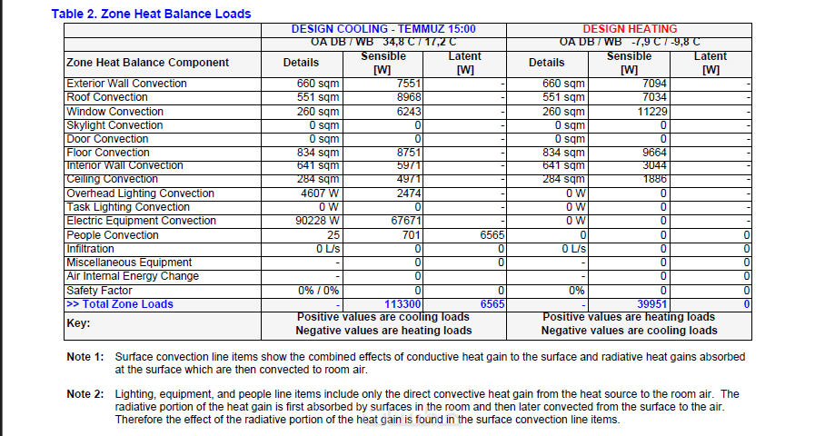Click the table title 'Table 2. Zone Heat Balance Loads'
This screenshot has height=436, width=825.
coord(151,14)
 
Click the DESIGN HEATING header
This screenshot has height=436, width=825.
coord(630,29)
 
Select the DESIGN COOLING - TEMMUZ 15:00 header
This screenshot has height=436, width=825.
coord(383,29)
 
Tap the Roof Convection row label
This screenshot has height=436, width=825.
coord(107,97)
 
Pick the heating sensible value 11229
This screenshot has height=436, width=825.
coord(650,111)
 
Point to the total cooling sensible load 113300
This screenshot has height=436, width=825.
coord(401,304)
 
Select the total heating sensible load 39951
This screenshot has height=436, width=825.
coord(650,304)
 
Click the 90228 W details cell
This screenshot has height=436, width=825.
coord(317,221)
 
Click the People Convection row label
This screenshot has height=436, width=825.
coord(113,235)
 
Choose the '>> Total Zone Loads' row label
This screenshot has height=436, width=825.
coord(119,304)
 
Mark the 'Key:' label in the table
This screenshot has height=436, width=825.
coord(80,322)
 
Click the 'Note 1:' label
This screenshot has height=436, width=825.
coord(85,357)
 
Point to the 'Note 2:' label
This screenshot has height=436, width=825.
coord(85,394)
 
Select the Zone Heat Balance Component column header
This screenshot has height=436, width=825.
coord(148,63)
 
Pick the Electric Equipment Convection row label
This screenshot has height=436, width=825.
coord(141,221)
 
